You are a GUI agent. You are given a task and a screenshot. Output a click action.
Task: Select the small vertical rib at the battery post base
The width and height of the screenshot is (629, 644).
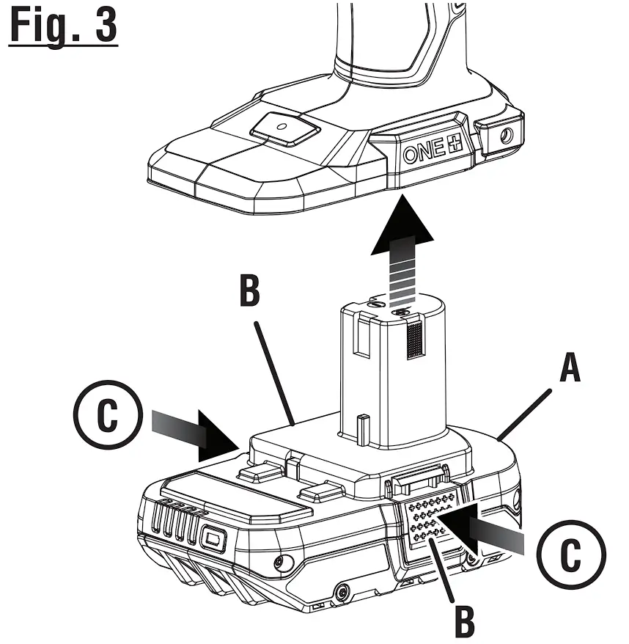pyautogui.click(x=361, y=428)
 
